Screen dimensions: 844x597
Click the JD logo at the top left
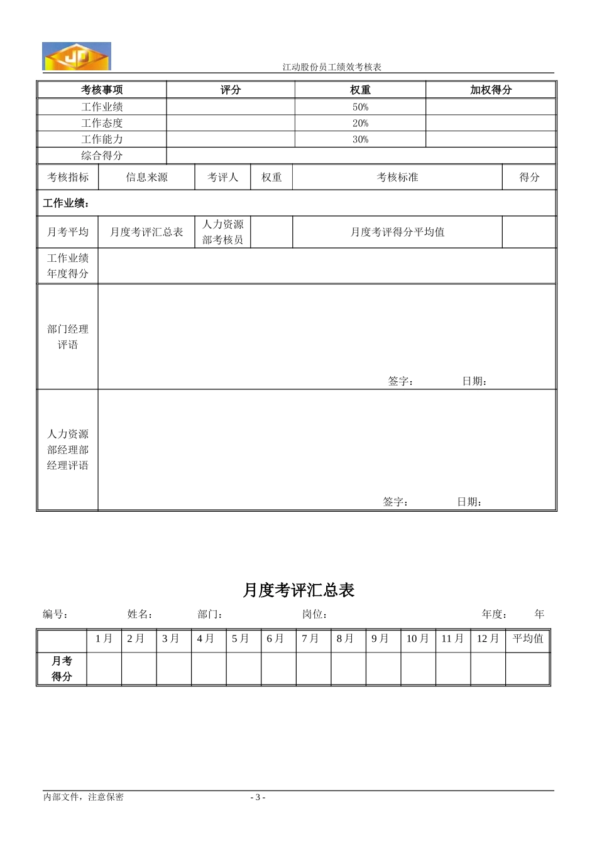(x=76, y=56)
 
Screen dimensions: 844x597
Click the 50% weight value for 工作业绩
(x=360, y=107)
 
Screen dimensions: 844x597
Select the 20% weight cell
(x=360, y=123)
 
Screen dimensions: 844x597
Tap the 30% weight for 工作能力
(x=360, y=139)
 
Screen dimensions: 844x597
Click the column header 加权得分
(x=491, y=90)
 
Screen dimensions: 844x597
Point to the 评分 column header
(x=231, y=90)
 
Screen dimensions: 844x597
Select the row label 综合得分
(x=102, y=155)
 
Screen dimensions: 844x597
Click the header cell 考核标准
(x=397, y=177)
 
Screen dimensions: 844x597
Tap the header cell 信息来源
(x=146, y=177)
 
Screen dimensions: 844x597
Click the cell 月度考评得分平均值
(x=397, y=232)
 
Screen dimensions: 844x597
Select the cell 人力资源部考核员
(x=222, y=232)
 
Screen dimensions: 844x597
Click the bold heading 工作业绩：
(x=66, y=203)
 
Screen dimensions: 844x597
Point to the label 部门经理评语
(x=68, y=337)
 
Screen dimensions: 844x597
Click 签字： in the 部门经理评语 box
(x=400, y=381)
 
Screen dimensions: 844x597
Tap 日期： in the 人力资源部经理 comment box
(x=469, y=502)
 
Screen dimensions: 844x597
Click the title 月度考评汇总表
(x=298, y=590)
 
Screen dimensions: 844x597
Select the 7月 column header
(x=310, y=639)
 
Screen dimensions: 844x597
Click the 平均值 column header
(x=528, y=639)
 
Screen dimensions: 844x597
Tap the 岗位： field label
(x=315, y=614)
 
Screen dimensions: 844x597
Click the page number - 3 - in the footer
(x=258, y=797)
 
